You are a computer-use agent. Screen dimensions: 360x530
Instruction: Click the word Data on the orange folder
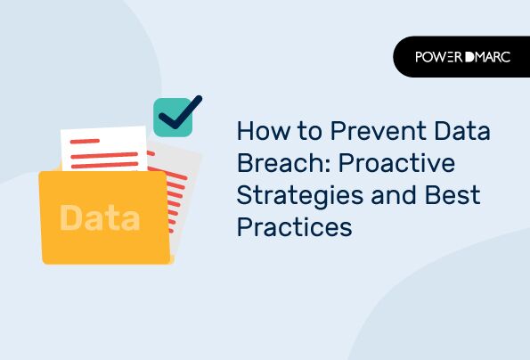point(100,217)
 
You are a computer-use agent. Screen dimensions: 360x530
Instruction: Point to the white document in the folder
point(104,148)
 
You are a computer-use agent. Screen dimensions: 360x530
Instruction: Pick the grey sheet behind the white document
point(178,192)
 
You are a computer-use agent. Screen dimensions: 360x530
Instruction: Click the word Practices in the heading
point(294,228)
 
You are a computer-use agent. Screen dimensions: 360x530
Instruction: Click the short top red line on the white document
point(84,141)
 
